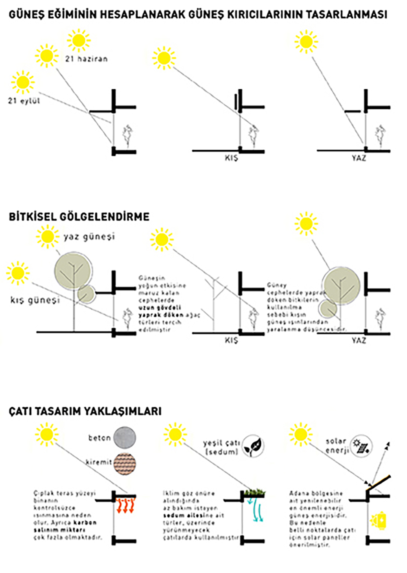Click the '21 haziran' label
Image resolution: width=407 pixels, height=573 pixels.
point(86,59)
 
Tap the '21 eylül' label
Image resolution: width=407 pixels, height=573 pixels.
point(24,101)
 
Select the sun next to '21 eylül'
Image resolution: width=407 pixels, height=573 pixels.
point(23,82)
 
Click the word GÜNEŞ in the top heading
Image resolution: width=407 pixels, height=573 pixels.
point(25,15)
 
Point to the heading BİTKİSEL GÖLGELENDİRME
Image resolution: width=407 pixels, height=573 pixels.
point(79,217)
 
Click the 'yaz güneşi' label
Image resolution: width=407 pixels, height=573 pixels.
point(89,236)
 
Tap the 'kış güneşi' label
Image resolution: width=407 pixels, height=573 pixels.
point(35,300)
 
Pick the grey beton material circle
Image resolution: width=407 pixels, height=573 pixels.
point(125,438)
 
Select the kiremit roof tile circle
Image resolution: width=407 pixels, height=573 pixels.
point(125,464)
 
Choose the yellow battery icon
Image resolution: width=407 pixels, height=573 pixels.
point(379,521)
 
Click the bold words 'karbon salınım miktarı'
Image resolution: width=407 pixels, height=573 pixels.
point(65,526)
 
